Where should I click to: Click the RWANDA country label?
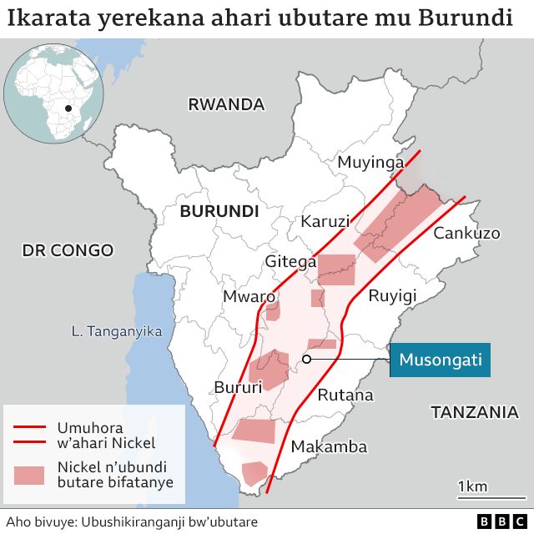(x=226, y=105)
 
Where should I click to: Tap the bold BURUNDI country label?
(x=219, y=211)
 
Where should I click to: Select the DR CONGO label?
(x=68, y=250)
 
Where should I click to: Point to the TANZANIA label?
(x=474, y=411)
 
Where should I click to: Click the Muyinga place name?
(x=370, y=163)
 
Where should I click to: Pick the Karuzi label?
(x=323, y=223)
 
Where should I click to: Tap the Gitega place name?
(x=290, y=262)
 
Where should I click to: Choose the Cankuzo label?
(x=466, y=233)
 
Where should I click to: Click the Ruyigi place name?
(x=392, y=295)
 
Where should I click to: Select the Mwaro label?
(x=249, y=296)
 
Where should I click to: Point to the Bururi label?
(x=238, y=386)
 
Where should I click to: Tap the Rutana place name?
(x=345, y=395)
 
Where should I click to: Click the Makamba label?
(x=329, y=447)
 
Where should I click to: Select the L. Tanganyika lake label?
(x=117, y=331)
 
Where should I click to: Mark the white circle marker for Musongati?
(x=307, y=360)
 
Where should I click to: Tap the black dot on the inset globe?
(x=68, y=109)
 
